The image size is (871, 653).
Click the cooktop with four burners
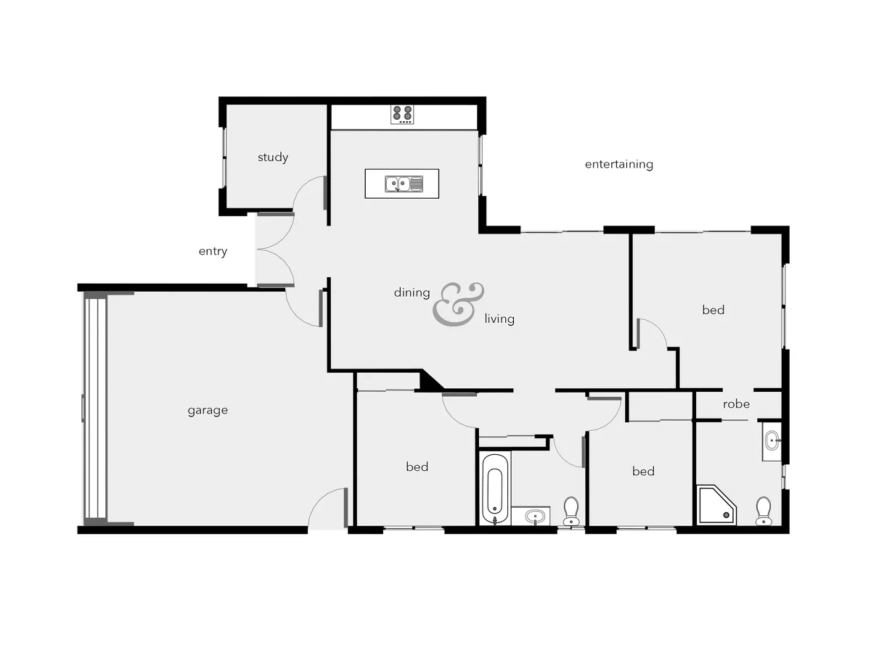point(402,114)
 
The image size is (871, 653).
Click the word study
point(273,157)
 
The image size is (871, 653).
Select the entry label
point(213,252)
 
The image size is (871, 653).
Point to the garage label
point(208,411)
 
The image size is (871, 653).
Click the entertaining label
point(618,165)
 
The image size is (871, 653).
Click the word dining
point(412,293)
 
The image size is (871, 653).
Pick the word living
point(499,319)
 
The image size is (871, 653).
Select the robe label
point(736,404)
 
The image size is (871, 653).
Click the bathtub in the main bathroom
point(494,488)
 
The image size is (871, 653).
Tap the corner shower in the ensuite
point(716,505)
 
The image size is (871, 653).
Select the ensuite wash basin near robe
point(772,440)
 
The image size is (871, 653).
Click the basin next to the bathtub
point(535,517)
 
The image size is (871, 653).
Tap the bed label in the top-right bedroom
point(713,311)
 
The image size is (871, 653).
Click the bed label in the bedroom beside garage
point(417,467)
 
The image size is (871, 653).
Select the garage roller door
point(95,408)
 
